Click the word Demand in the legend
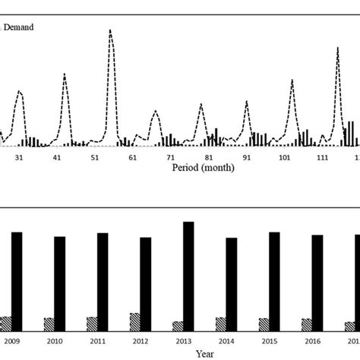[19, 27]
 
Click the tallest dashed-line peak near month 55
[110, 30]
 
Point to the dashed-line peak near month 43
[65, 74]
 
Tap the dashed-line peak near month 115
[338, 48]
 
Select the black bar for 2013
[188, 273]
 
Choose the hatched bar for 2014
[220, 321]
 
